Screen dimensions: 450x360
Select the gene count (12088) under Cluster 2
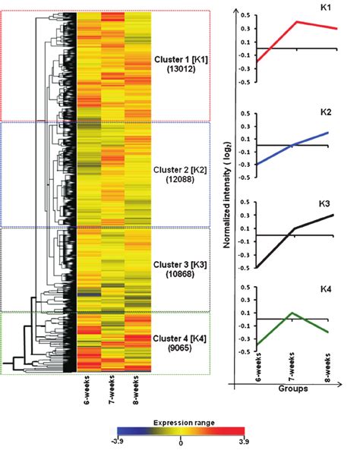pos(181,180)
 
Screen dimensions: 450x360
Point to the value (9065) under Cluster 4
pos(181,348)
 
